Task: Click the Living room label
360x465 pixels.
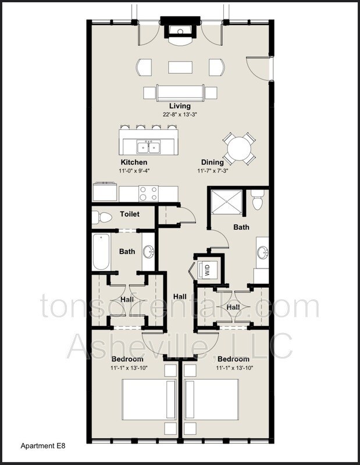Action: (180, 106)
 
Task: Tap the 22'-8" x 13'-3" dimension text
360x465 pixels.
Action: (180, 115)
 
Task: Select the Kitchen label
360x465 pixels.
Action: (134, 162)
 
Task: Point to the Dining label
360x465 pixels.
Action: (212, 162)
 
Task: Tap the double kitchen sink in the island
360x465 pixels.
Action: (149, 147)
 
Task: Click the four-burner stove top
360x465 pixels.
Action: (148, 194)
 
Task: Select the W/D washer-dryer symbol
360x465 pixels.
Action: (207, 270)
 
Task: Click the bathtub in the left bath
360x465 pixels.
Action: (101, 252)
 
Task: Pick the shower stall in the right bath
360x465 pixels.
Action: (226, 201)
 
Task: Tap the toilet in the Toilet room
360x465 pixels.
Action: (102, 217)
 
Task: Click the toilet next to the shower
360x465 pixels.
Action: (258, 199)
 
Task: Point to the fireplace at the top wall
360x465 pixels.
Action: (180, 31)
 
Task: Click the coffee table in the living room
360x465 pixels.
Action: (180, 67)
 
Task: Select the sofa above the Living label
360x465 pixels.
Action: (180, 93)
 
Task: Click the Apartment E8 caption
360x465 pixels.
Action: (43, 446)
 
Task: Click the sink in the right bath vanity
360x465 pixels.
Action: (263, 253)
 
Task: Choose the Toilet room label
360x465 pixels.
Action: (130, 214)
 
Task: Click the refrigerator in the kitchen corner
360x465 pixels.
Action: (105, 192)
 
